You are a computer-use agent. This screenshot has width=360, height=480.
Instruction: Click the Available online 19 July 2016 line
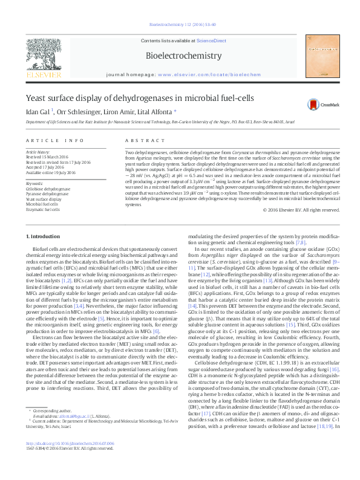click(51, 172)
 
